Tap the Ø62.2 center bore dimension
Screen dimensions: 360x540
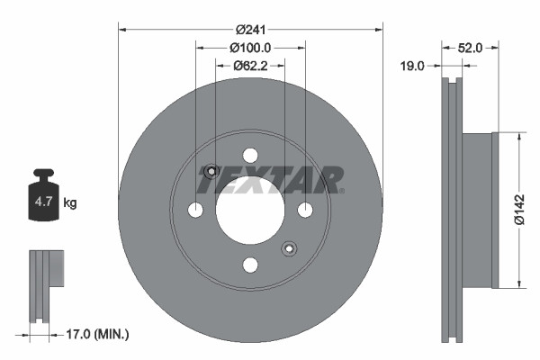coord(250,66)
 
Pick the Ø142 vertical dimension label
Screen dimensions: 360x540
coord(519,209)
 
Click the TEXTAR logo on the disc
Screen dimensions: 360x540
coord(270,180)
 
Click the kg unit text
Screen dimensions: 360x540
coord(70,203)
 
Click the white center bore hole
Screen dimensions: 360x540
coord(250,210)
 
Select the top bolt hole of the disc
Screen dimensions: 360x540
coord(250,155)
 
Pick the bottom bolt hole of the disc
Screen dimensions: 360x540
coord(250,265)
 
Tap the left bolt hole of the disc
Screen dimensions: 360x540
coord(195,210)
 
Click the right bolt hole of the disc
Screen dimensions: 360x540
coord(305,210)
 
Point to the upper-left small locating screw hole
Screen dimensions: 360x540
coord(211,171)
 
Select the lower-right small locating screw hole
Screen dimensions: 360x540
coord(289,248)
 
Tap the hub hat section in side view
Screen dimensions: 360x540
coord(478,210)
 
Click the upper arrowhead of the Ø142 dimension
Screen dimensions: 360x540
coord(520,136)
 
